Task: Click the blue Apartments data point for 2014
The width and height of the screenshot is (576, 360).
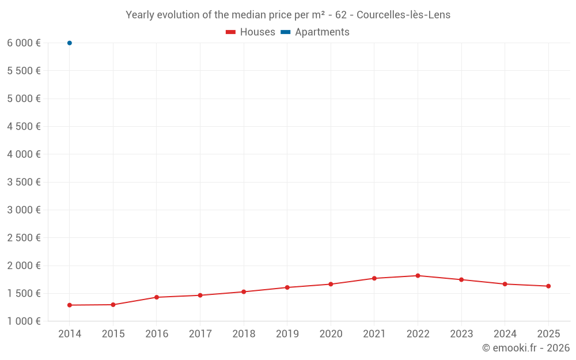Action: (70, 43)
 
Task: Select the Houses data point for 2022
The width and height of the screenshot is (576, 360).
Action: (418, 275)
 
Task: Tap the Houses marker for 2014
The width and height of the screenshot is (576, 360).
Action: (70, 305)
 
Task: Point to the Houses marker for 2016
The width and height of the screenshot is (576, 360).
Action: (157, 297)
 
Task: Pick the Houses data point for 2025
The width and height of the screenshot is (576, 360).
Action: (548, 286)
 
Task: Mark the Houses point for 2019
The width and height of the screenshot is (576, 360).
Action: (287, 287)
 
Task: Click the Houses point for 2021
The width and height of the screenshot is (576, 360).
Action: (374, 278)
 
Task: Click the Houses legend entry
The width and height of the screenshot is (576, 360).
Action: (251, 32)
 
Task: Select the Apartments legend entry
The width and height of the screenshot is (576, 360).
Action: (315, 32)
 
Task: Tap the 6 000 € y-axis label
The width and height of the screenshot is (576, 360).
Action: (24, 43)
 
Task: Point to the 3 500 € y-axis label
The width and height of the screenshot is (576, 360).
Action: (24, 182)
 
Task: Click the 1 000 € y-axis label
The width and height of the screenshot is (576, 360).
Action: (24, 321)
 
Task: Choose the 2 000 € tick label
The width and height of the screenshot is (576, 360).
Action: (24, 266)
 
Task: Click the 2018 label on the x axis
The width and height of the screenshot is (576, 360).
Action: (244, 334)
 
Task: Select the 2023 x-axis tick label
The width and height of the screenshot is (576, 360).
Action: (461, 334)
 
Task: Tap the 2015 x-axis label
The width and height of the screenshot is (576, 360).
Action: (113, 334)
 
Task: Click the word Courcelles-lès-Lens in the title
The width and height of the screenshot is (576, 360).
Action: (403, 15)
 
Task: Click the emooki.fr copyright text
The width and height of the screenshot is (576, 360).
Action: (526, 347)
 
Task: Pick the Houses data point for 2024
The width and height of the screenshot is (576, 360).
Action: (505, 284)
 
